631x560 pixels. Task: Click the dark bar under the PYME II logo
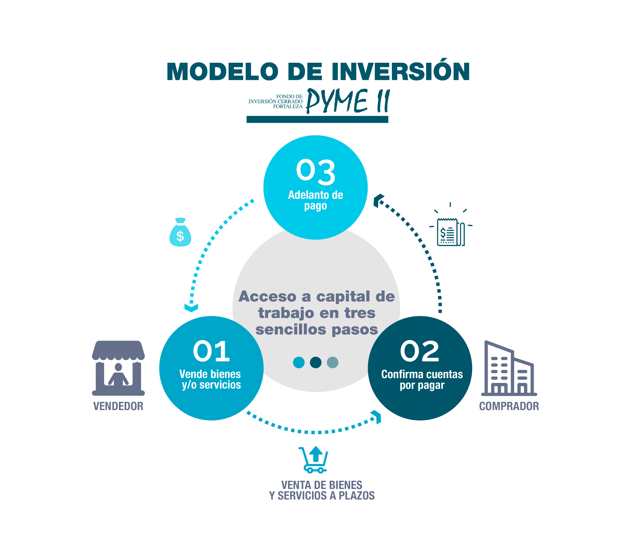(x=317, y=120)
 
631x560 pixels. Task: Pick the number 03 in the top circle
(x=315, y=171)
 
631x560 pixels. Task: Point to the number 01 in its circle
(x=211, y=351)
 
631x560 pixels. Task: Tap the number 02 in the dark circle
(x=420, y=351)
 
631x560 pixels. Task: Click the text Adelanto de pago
(x=315, y=200)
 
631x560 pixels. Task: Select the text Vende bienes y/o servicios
(x=211, y=379)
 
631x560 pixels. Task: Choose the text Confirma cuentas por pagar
(x=422, y=380)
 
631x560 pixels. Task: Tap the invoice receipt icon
(x=450, y=231)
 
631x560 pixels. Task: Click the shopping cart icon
(x=314, y=459)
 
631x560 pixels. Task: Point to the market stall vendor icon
(x=118, y=368)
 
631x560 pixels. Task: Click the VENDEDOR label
(x=118, y=406)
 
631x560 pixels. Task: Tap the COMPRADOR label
(x=509, y=406)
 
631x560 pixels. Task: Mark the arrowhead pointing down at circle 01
(x=191, y=308)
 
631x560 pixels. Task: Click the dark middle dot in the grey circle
(x=315, y=362)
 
